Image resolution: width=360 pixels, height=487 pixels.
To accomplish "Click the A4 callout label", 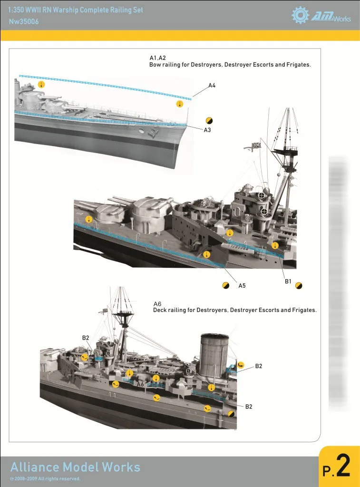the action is [212, 86].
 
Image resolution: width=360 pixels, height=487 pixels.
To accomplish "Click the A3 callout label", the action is [207, 130].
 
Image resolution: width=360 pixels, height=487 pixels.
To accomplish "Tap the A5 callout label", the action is [242, 285].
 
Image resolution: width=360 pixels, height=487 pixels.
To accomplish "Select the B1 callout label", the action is [288, 282].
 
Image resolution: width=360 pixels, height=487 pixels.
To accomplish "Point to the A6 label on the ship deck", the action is [140, 384].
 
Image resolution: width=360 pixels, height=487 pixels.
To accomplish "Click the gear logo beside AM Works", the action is [300, 16].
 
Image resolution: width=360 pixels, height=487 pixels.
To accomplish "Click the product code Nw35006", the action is [24, 21].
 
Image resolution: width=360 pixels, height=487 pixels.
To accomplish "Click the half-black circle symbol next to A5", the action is [226, 285].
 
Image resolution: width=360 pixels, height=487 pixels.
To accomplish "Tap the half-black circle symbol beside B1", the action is [299, 285].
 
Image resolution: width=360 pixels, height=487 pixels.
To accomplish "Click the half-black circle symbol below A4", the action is [209, 120].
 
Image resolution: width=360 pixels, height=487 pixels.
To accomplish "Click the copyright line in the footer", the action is [45, 479].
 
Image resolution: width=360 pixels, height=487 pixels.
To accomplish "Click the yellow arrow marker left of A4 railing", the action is [41, 85].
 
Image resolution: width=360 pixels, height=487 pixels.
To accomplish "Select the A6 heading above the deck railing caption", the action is [157, 303].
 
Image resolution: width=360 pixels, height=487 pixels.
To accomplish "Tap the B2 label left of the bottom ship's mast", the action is [86, 338].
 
